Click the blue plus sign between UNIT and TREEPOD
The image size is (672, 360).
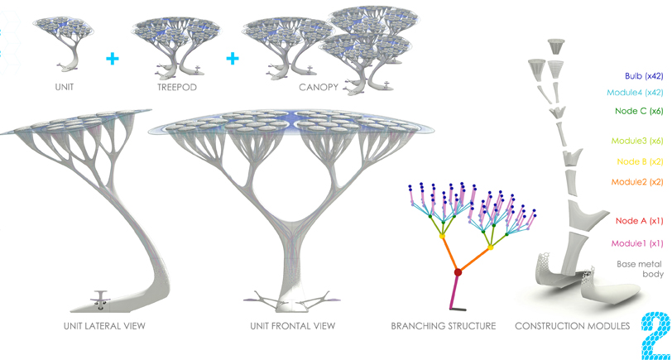pyautogui.click(x=113, y=59)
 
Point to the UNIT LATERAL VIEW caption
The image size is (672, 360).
pyautogui.click(x=104, y=326)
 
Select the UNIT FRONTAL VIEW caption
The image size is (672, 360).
pyautogui.click(x=292, y=326)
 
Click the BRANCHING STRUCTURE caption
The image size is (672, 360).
pyautogui.click(x=443, y=326)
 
